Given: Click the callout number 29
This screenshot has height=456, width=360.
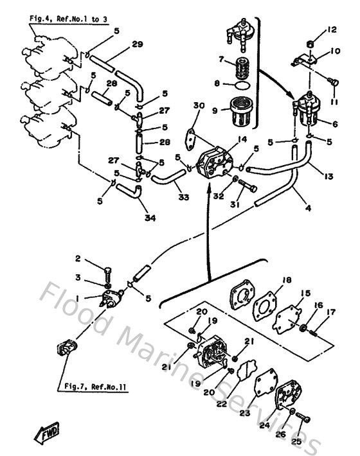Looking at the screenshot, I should (137, 44).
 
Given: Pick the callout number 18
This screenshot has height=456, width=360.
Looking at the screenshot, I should (286, 280).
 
